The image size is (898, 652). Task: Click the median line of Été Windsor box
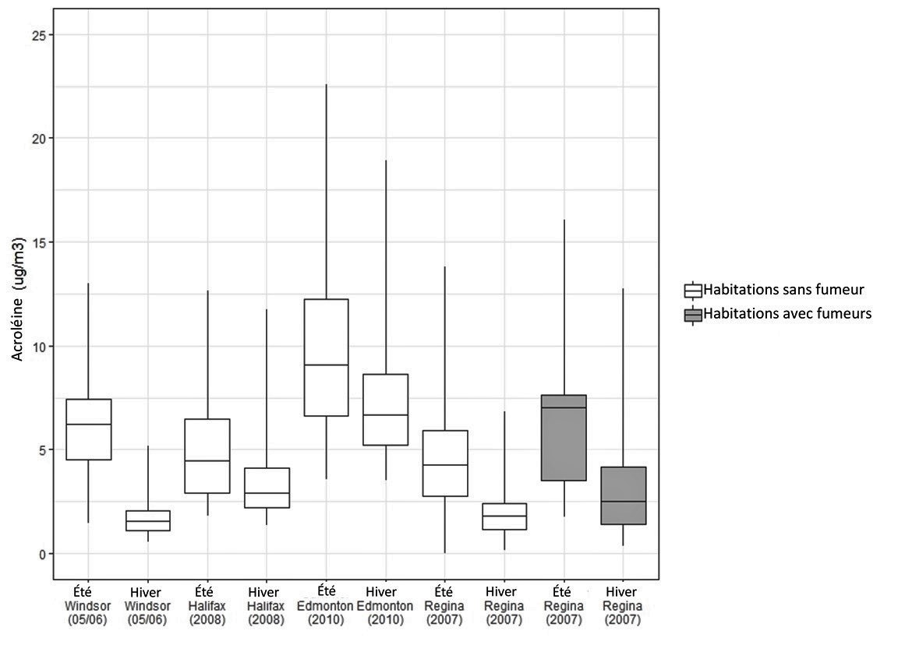88,425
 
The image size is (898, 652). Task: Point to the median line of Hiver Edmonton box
385,415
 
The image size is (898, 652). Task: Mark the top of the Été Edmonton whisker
326,84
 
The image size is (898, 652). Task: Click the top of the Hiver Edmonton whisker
385,160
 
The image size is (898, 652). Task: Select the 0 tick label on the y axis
39,554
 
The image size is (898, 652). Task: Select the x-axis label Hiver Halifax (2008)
267,605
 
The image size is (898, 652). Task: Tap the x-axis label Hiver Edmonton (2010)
385,605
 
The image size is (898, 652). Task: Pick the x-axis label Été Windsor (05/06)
88,605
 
